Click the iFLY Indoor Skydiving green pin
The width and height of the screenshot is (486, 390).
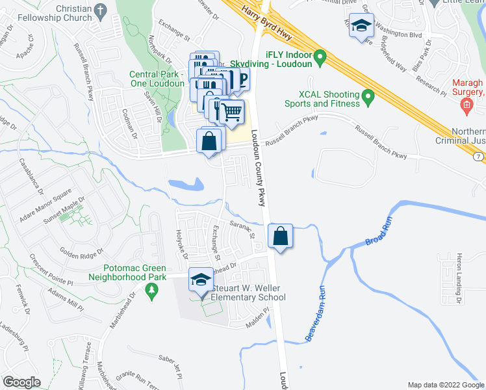tap(320, 60)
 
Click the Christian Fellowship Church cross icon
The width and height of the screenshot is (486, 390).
tap(99, 10)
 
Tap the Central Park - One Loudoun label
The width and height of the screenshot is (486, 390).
tap(157, 79)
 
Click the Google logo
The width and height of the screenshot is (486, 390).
tap(21, 382)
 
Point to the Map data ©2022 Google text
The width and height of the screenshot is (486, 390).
tap(445, 385)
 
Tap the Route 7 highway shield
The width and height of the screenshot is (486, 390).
tap(479, 158)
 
